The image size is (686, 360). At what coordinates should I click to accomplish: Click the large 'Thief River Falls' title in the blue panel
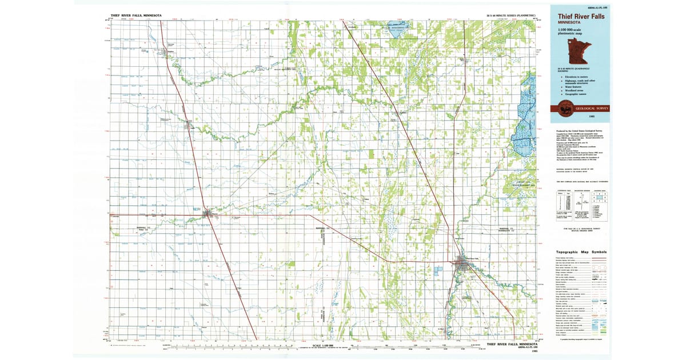tap(581, 17)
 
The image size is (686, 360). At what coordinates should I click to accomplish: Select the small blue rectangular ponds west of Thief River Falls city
tap(438, 269)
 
